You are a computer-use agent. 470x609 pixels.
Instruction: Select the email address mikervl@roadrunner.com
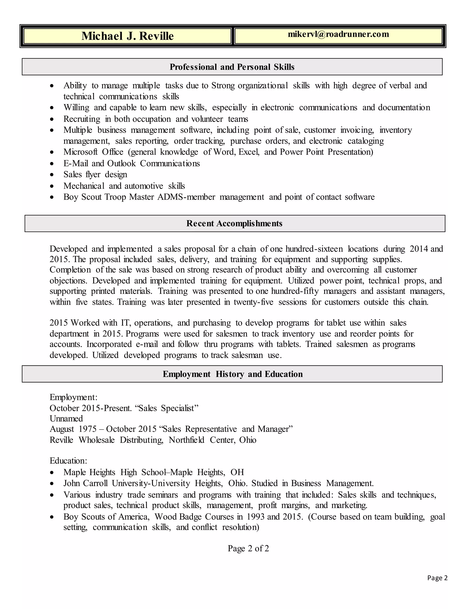(338, 34)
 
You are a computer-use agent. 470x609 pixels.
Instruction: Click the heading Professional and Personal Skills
(232, 67)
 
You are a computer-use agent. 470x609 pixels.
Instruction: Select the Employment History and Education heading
(232, 374)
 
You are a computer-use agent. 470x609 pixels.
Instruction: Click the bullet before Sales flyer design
(52, 175)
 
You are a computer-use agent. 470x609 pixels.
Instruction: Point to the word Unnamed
(66, 418)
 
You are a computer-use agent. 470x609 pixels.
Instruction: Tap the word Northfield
(186, 440)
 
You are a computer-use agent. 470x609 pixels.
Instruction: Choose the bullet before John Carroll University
(52, 484)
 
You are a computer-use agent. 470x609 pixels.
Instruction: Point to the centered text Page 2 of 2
(248, 549)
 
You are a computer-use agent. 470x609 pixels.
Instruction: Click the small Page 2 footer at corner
(437, 578)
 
